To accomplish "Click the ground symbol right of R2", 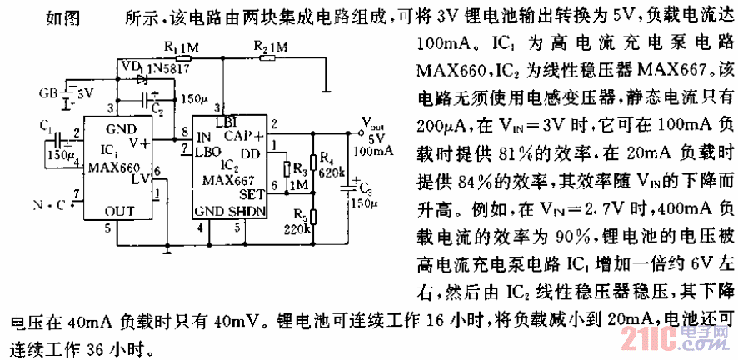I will [326, 84].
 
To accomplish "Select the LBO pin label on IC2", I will [207, 153].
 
